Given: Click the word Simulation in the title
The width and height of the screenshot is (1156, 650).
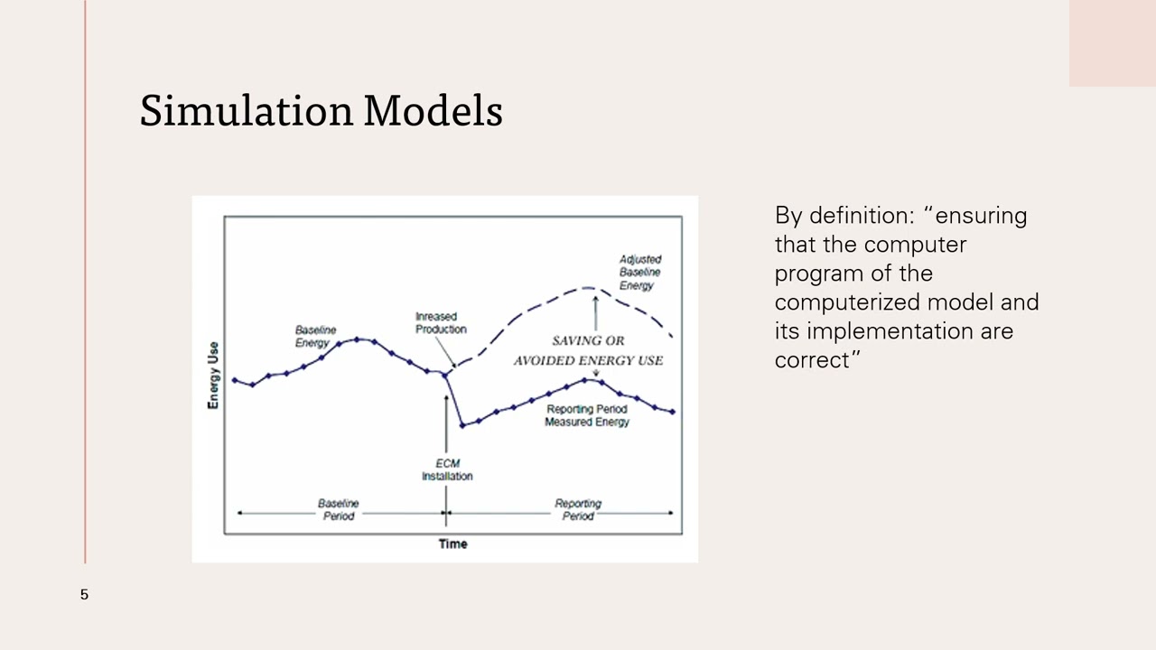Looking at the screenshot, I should pos(246,111).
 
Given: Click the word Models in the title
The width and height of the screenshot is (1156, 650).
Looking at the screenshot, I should pos(433,111).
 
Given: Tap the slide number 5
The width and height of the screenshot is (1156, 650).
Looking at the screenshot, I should pos(84,594).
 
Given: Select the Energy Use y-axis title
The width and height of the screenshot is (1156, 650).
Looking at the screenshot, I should pos(213,375).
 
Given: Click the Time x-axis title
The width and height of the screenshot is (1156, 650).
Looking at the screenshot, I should pos(452,543).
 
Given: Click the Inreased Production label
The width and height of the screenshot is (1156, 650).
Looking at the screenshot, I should pos(441,322).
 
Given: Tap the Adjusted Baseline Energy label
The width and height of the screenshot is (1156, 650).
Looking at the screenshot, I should pos(639,273).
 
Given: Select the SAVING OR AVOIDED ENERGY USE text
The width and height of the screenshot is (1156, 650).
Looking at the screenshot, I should pos(588,350).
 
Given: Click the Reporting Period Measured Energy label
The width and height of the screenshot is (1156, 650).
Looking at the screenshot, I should pos(586,415).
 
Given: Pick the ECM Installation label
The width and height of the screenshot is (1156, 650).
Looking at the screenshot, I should pos(447,469).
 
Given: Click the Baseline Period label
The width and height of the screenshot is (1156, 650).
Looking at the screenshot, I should pos(338,509).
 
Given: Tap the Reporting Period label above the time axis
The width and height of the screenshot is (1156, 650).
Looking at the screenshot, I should pos(578,509).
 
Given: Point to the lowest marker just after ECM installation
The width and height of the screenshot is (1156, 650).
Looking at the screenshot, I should pos(462,424).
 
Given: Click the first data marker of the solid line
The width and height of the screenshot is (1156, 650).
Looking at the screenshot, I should pos(235,380).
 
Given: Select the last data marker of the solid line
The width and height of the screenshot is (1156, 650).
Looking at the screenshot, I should pos(673,412).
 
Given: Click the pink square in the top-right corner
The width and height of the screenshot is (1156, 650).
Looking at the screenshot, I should pos(1112,43).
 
